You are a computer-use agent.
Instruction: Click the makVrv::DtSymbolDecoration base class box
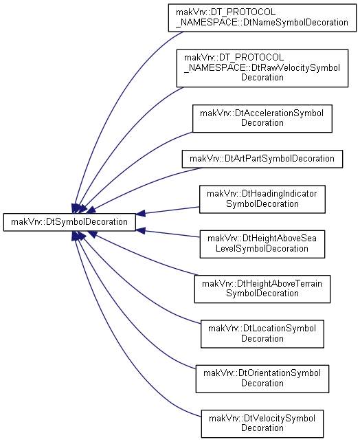tap(69, 223)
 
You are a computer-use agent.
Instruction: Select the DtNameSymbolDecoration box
tap(262, 18)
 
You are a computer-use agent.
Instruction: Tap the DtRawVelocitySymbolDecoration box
tap(262, 68)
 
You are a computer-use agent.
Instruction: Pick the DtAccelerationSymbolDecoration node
tap(262, 118)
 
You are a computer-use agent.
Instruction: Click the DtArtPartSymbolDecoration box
tap(262, 159)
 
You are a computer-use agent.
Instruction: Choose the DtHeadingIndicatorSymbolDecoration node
tap(262, 199)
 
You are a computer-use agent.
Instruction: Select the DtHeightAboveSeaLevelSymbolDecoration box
tap(262, 244)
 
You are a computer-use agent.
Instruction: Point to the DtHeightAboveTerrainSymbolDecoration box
tap(262, 289)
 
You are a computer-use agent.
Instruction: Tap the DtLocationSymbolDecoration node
tap(262, 334)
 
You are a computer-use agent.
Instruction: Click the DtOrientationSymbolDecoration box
tap(262, 379)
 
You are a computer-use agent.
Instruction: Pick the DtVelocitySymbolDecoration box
tap(262, 423)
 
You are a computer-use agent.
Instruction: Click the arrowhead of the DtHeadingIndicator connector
tap(141, 213)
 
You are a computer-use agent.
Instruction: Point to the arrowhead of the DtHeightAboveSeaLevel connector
tap(141, 230)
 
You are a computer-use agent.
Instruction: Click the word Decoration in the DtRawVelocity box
tap(262, 77)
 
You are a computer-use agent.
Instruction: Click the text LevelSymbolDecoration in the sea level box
tap(262, 249)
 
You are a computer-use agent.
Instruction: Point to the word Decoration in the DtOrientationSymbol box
tap(262, 384)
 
